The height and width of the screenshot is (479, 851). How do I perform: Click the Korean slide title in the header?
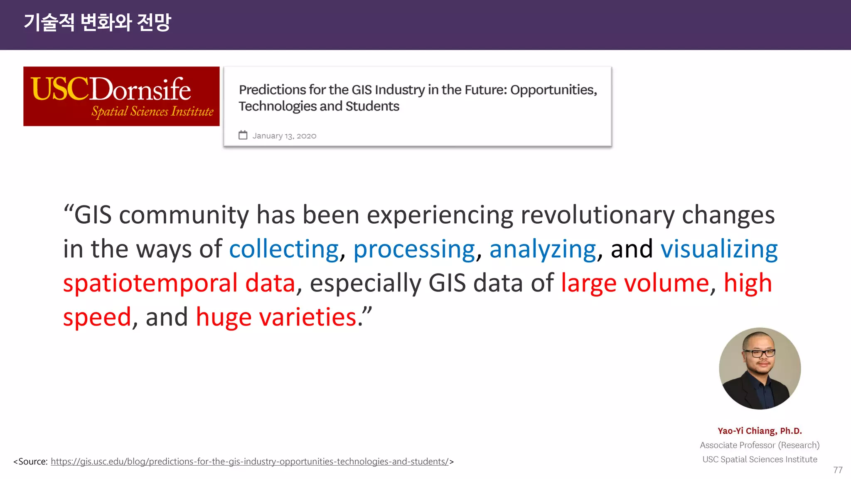(x=97, y=22)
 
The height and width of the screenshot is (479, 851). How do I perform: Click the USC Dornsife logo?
(x=121, y=96)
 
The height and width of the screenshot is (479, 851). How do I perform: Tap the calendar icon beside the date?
(x=243, y=135)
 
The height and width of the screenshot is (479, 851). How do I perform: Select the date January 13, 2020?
(x=284, y=136)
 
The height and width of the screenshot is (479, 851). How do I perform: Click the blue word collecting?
(x=284, y=249)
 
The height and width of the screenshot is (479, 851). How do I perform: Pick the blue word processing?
(x=414, y=249)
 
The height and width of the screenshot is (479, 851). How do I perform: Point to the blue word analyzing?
(x=543, y=249)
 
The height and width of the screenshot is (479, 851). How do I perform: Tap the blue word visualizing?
(x=719, y=249)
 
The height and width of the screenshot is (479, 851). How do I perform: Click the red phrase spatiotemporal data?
(x=179, y=284)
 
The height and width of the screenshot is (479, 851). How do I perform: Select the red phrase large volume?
(x=635, y=284)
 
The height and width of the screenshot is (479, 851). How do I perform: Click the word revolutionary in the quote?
(x=597, y=215)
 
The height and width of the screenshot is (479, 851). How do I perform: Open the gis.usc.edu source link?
(x=249, y=462)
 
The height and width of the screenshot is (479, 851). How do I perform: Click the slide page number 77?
(x=838, y=470)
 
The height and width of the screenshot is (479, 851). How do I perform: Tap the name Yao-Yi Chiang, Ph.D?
(x=760, y=431)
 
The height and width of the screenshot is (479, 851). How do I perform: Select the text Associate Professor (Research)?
(x=760, y=445)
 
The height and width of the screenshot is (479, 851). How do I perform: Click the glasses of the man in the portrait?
(x=759, y=353)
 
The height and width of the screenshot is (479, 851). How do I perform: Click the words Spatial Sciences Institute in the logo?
(x=152, y=111)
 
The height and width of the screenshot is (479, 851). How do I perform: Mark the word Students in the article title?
(x=372, y=106)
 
